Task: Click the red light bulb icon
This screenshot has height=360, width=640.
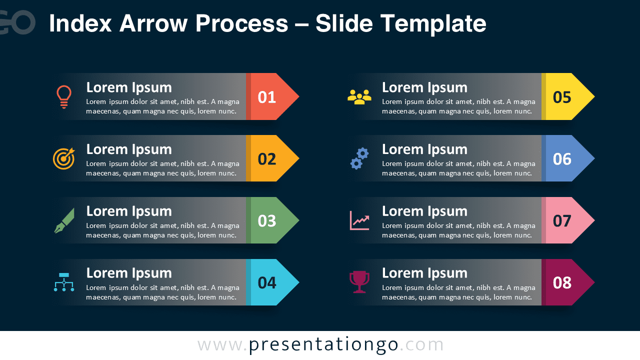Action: (x=64, y=96)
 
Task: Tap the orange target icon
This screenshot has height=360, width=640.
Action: (x=64, y=158)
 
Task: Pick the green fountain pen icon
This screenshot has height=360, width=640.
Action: (x=64, y=220)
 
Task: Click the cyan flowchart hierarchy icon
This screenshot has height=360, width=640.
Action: (x=64, y=282)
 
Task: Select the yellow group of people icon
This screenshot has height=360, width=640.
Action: (x=359, y=96)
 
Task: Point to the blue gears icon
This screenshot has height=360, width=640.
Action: (x=359, y=158)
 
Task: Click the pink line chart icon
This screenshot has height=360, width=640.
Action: (x=359, y=220)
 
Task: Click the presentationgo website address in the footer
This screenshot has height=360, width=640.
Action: (x=320, y=345)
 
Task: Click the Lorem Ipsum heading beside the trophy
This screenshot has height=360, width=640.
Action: (x=424, y=273)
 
